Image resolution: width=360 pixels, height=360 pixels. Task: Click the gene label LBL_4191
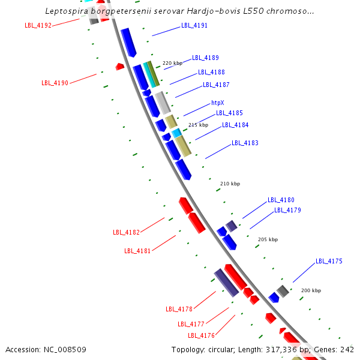[194, 26]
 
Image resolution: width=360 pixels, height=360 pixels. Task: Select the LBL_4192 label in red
[38, 25]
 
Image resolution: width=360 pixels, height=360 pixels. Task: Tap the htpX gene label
[217, 103]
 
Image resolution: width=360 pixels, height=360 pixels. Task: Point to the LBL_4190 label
[55, 83]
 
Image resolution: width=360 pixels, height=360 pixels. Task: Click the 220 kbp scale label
[172, 63]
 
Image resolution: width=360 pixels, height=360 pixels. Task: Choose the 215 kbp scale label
[198, 125]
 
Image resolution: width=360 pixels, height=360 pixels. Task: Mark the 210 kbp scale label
[230, 184]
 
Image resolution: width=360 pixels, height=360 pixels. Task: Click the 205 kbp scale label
[268, 239]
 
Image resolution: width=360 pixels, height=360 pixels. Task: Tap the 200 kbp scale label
[311, 290]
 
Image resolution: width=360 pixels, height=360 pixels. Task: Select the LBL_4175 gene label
[329, 261]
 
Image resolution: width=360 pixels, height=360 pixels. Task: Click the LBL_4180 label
[281, 200]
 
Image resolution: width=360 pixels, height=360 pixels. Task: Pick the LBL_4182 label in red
[126, 232]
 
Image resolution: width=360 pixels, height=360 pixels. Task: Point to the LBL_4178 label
[179, 309]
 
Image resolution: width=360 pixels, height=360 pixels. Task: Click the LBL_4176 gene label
[201, 335]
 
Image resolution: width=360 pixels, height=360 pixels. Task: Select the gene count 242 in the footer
[347, 349]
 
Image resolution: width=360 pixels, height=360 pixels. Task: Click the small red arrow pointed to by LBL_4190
[120, 66]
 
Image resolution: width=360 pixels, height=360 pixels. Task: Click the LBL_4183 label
[245, 143]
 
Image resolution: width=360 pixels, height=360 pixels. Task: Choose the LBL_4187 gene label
[216, 85]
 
